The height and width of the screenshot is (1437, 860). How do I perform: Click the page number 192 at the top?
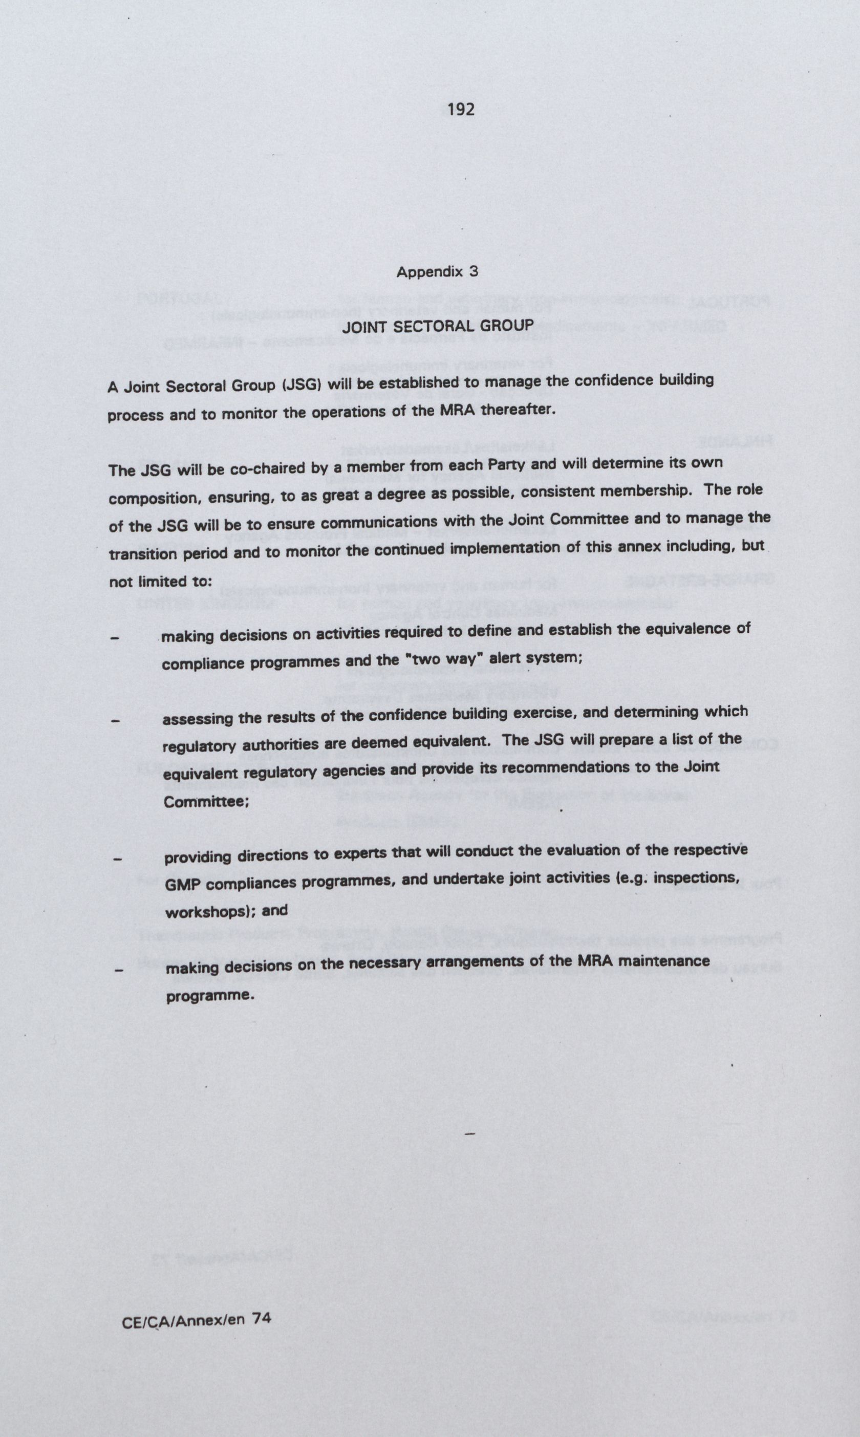click(461, 109)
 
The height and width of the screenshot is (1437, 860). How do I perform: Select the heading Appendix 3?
click(438, 272)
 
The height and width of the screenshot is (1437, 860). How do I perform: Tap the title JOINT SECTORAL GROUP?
click(437, 326)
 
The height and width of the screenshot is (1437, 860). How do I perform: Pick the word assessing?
click(197, 719)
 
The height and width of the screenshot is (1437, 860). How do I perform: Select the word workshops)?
click(211, 912)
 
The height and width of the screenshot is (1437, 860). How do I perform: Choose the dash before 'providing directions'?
click(117, 860)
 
